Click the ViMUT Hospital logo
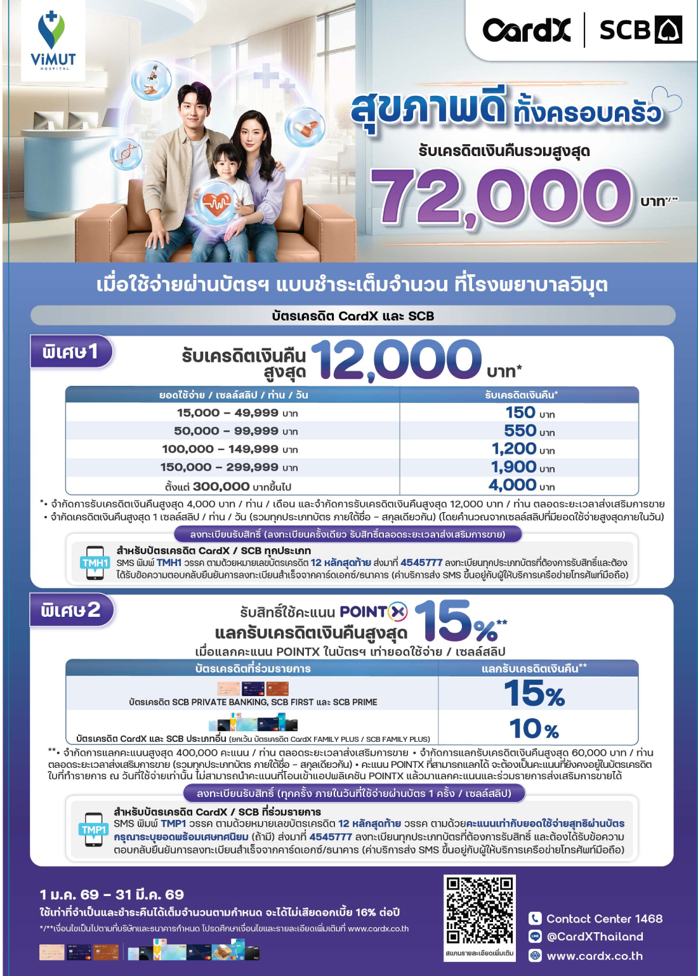(53, 40)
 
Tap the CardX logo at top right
(526, 30)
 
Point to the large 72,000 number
(501, 197)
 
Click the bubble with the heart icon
(216, 203)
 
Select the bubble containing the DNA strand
(126, 154)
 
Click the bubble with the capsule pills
(305, 127)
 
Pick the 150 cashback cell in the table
(520, 412)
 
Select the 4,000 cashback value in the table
(513, 485)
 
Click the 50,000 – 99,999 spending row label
(226, 431)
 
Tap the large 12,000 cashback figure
(397, 360)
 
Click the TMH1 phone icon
(95, 562)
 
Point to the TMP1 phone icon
(93, 830)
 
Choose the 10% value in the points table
(533, 729)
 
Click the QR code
(479, 911)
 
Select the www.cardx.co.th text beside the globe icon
(595, 956)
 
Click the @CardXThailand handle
(595, 937)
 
